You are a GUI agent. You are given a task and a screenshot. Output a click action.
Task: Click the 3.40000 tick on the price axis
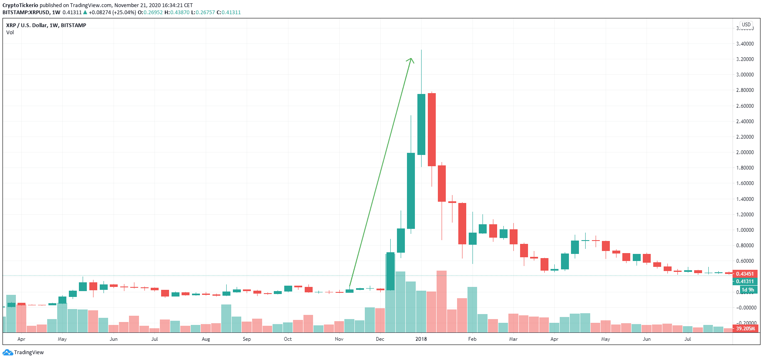point(745,44)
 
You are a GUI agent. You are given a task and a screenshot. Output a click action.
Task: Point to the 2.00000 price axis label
point(745,152)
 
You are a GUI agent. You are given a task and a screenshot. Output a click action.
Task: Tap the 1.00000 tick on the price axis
point(745,230)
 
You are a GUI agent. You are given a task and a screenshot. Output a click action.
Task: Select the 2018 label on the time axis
point(421,339)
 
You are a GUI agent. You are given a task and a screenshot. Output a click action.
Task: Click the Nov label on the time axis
point(339,339)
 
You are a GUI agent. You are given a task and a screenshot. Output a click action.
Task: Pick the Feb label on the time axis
point(472,339)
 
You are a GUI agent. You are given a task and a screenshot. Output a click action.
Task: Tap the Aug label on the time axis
point(206,339)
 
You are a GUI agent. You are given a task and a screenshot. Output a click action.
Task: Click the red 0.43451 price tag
point(745,274)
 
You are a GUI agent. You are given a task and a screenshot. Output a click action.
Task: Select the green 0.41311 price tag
point(745,281)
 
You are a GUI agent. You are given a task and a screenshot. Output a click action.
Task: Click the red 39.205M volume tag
point(745,329)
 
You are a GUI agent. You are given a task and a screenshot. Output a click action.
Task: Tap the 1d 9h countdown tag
point(748,290)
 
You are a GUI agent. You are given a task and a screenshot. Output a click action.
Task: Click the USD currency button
point(746,25)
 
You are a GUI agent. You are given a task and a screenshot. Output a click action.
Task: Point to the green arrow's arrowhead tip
point(412,58)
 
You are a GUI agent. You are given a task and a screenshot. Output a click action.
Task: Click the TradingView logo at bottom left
point(23,352)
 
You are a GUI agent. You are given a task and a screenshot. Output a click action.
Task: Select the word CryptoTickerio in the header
point(20,5)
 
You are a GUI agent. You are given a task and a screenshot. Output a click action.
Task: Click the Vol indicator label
point(10,33)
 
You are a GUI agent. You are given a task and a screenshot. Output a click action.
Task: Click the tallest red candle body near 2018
point(432,129)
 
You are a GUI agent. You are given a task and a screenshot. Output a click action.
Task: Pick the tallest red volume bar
point(442,301)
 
